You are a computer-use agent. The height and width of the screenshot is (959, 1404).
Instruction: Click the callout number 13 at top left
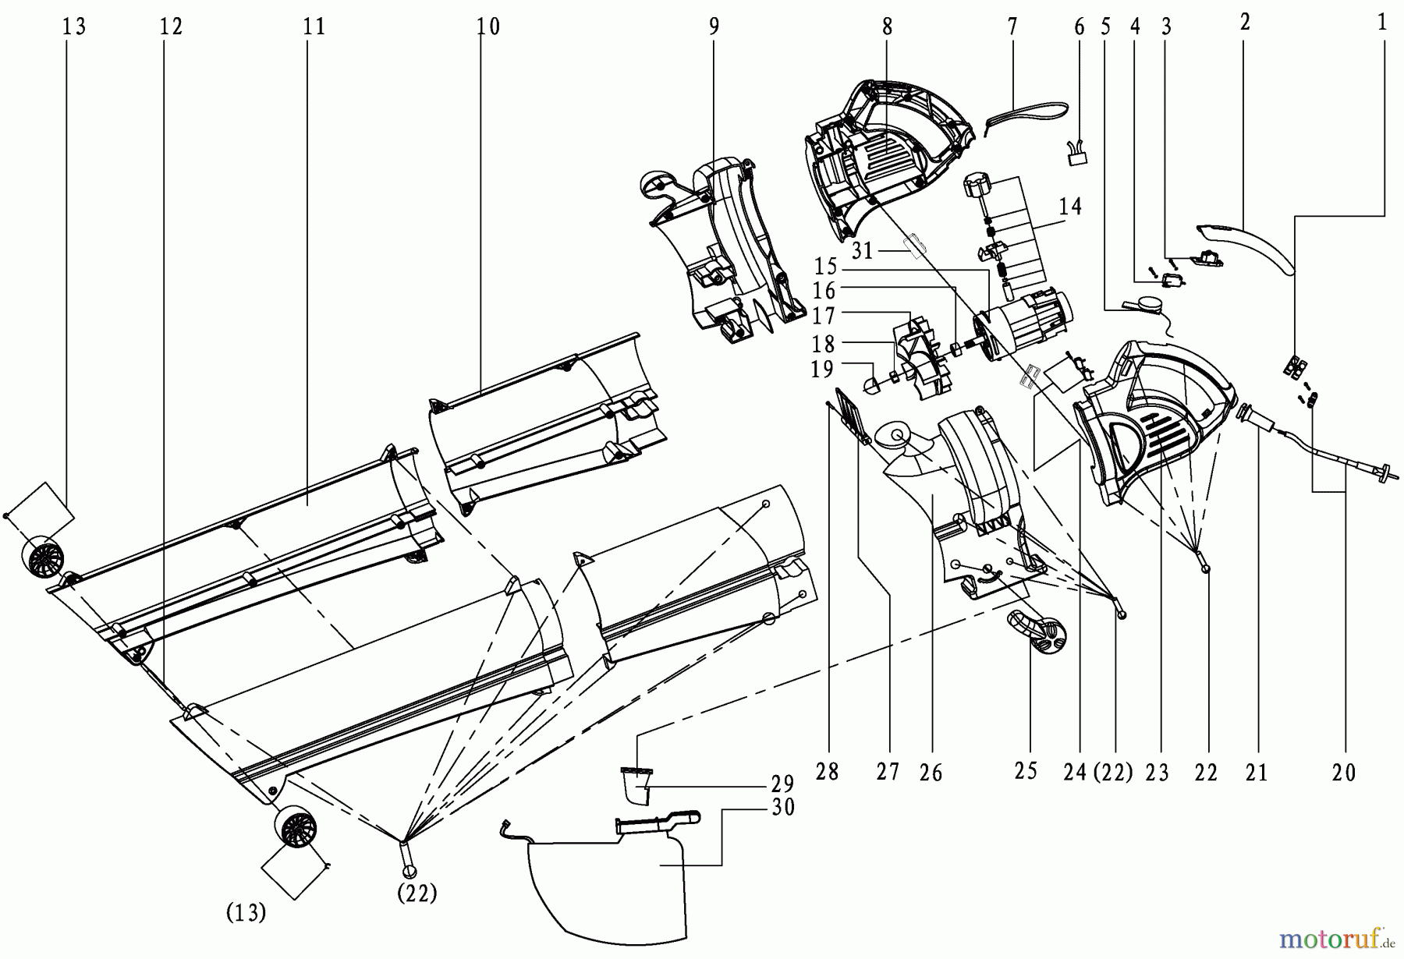click(x=75, y=27)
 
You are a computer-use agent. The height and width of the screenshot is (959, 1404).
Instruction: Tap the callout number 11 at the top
click(x=314, y=27)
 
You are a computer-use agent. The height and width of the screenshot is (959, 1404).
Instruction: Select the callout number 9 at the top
click(x=714, y=27)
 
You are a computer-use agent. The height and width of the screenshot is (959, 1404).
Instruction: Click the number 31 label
click(x=862, y=251)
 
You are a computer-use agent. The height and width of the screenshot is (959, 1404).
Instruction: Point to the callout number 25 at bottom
click(x=1026, y=771)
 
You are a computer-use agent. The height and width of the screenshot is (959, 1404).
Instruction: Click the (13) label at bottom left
click(x=246, y=913)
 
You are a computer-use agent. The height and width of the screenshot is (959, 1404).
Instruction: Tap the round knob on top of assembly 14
click(x=977, y=187)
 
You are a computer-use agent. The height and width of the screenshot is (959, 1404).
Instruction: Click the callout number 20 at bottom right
click(x=1344, y=773)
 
